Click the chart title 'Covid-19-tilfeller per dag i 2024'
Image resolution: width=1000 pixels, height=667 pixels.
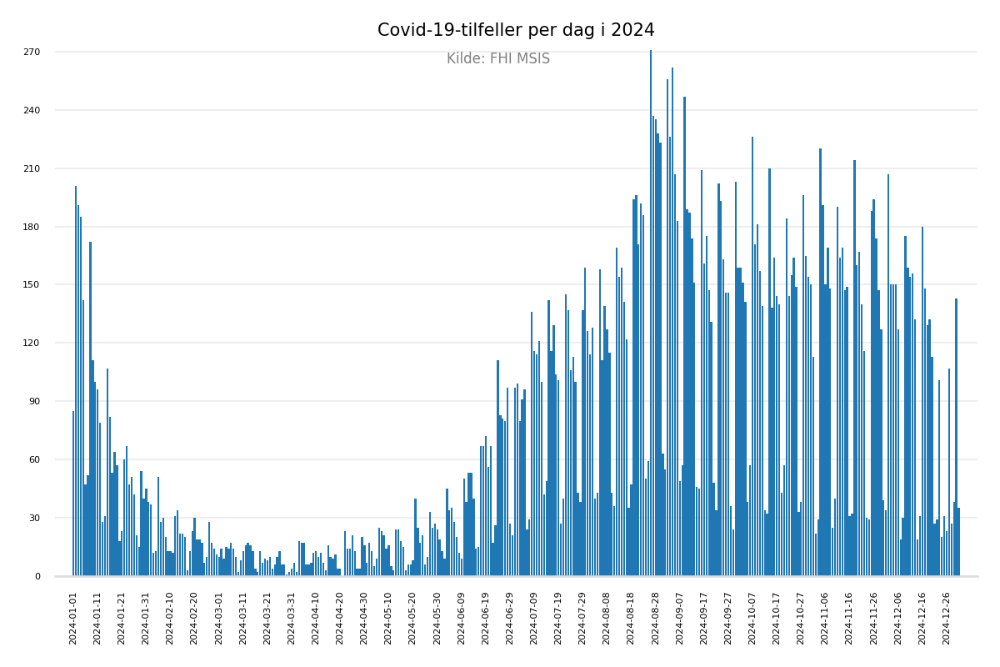pos(516,31)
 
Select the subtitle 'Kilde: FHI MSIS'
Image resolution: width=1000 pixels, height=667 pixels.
pos(498,59)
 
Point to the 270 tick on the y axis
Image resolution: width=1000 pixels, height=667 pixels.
pos(32,53)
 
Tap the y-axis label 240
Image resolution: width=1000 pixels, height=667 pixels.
pos(32,111)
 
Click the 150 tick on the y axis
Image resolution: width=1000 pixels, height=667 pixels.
pos(32,285)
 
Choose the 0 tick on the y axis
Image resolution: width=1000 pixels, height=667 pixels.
pos(37,576)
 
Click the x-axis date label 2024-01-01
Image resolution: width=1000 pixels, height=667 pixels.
pos(73,619)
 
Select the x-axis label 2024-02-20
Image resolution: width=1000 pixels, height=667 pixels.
pos(195,619)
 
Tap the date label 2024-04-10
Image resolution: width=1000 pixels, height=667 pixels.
pos(316,619)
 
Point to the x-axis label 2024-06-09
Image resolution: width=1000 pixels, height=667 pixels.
pos(462,619)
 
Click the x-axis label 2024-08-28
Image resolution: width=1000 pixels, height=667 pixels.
pos(656,619)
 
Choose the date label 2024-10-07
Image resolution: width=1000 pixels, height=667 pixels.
pos(752,619)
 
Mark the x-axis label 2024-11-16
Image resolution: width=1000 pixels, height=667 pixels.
pos(849,619)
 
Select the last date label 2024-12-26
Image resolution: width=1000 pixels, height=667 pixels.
pos(947,619)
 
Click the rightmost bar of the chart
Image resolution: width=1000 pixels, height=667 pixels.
pos(958,542)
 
